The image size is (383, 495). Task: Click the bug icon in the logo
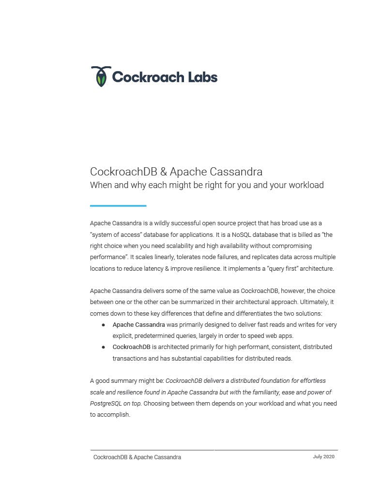(101, 76)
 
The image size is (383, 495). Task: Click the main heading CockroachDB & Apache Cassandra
(176, 172)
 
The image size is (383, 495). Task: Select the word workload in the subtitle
(306, 185)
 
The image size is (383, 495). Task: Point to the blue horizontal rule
(118, 206)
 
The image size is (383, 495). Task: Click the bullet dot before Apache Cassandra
(104, 325)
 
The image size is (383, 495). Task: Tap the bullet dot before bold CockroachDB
(104, 347)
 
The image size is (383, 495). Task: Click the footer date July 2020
(323, 457)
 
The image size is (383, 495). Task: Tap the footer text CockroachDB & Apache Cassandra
(137, 457)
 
